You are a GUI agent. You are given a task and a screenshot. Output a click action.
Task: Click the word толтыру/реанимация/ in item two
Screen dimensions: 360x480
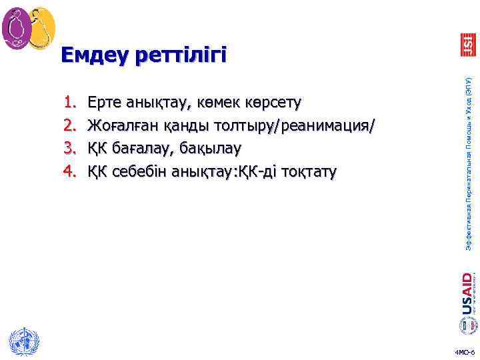(290, 126)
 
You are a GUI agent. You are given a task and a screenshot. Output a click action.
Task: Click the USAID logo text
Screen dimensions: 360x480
(467, 293)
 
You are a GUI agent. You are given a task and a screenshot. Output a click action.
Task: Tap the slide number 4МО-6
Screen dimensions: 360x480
(464, 351)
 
